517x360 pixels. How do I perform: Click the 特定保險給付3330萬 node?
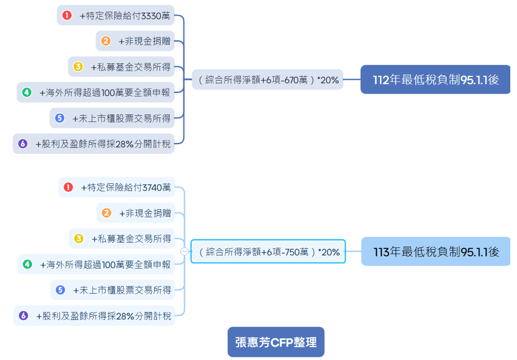[x=115, y=15]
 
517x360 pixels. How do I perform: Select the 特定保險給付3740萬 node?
[x=116, y=187]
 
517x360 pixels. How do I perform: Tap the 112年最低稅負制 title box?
[x=436, y=79]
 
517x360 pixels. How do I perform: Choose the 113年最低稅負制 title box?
[x=436, y=251]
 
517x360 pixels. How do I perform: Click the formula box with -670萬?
[x=268, y=80]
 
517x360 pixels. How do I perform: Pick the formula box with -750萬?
[x=269, y=252]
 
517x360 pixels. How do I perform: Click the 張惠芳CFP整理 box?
[x=276, y=342]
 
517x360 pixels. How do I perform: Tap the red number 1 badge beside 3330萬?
[x=67, y=15]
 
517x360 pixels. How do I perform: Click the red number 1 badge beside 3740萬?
[x=68, y=187]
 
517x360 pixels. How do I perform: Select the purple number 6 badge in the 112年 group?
[x=23, y=144]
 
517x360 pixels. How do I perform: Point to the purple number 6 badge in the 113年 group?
[x=23, y=316]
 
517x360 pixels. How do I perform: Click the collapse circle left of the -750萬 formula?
[x=184, y=251]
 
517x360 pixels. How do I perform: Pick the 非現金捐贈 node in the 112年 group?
[x=135, y=41]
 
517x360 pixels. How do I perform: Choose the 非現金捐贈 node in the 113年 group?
[x=136, y=213]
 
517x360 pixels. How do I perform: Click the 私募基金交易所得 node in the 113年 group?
[x=122, y=238]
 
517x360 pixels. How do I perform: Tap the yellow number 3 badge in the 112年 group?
[x=78, y=67]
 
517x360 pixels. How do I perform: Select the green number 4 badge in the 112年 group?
[x=27, y=93]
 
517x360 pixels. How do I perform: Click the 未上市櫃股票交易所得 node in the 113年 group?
[x=112, y=290]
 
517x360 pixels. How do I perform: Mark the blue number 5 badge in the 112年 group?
[x=60, y=118]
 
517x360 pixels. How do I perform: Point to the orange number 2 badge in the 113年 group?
[x=107, y=213]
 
